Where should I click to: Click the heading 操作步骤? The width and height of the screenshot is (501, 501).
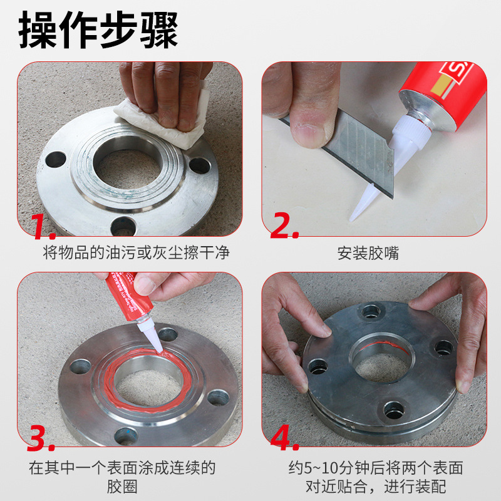coord(98,29)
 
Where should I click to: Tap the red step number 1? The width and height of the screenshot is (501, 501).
coord(43,226)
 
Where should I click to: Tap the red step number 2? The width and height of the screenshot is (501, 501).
coord(284,225)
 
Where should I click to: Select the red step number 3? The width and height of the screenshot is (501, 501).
coord(40,437)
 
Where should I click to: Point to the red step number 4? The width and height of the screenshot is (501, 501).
coord(284,437)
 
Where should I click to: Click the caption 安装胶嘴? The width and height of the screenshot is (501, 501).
coord(368,253)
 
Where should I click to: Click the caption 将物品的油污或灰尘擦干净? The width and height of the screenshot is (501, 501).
coord(136,252)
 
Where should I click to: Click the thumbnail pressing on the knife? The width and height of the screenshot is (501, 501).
coord(308,134)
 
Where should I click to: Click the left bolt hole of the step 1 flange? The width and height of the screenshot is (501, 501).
coord(56,160)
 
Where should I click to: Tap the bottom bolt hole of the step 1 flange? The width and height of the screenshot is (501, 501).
coord(123,226)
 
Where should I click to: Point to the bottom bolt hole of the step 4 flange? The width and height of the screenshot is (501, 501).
coord(394,410)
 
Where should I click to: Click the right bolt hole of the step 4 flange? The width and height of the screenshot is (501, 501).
coord(444,348)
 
